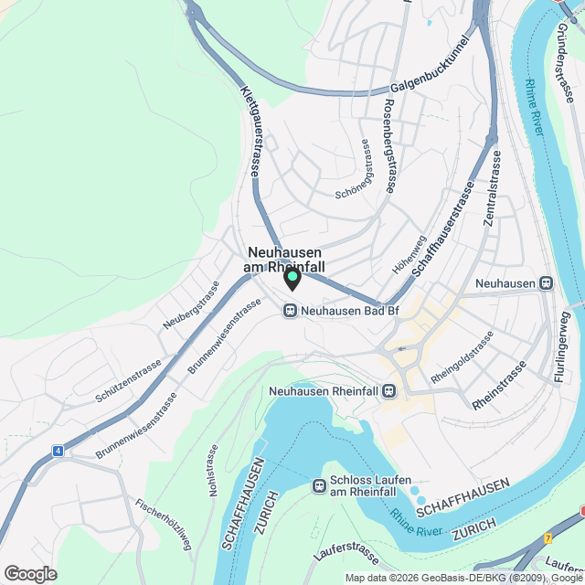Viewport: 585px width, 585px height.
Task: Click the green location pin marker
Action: point(292,277)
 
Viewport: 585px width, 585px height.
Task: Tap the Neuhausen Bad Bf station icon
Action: point(291,311)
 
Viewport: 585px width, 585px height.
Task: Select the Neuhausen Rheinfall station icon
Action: point(389,391)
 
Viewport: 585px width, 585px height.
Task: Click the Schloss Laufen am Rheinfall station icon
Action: point(320,485)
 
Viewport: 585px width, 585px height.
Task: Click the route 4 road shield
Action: point(58,451)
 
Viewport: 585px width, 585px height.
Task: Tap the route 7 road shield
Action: point(548,539)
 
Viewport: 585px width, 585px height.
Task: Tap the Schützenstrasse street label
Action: point(128,380)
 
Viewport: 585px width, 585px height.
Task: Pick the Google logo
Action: point(30,573)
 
